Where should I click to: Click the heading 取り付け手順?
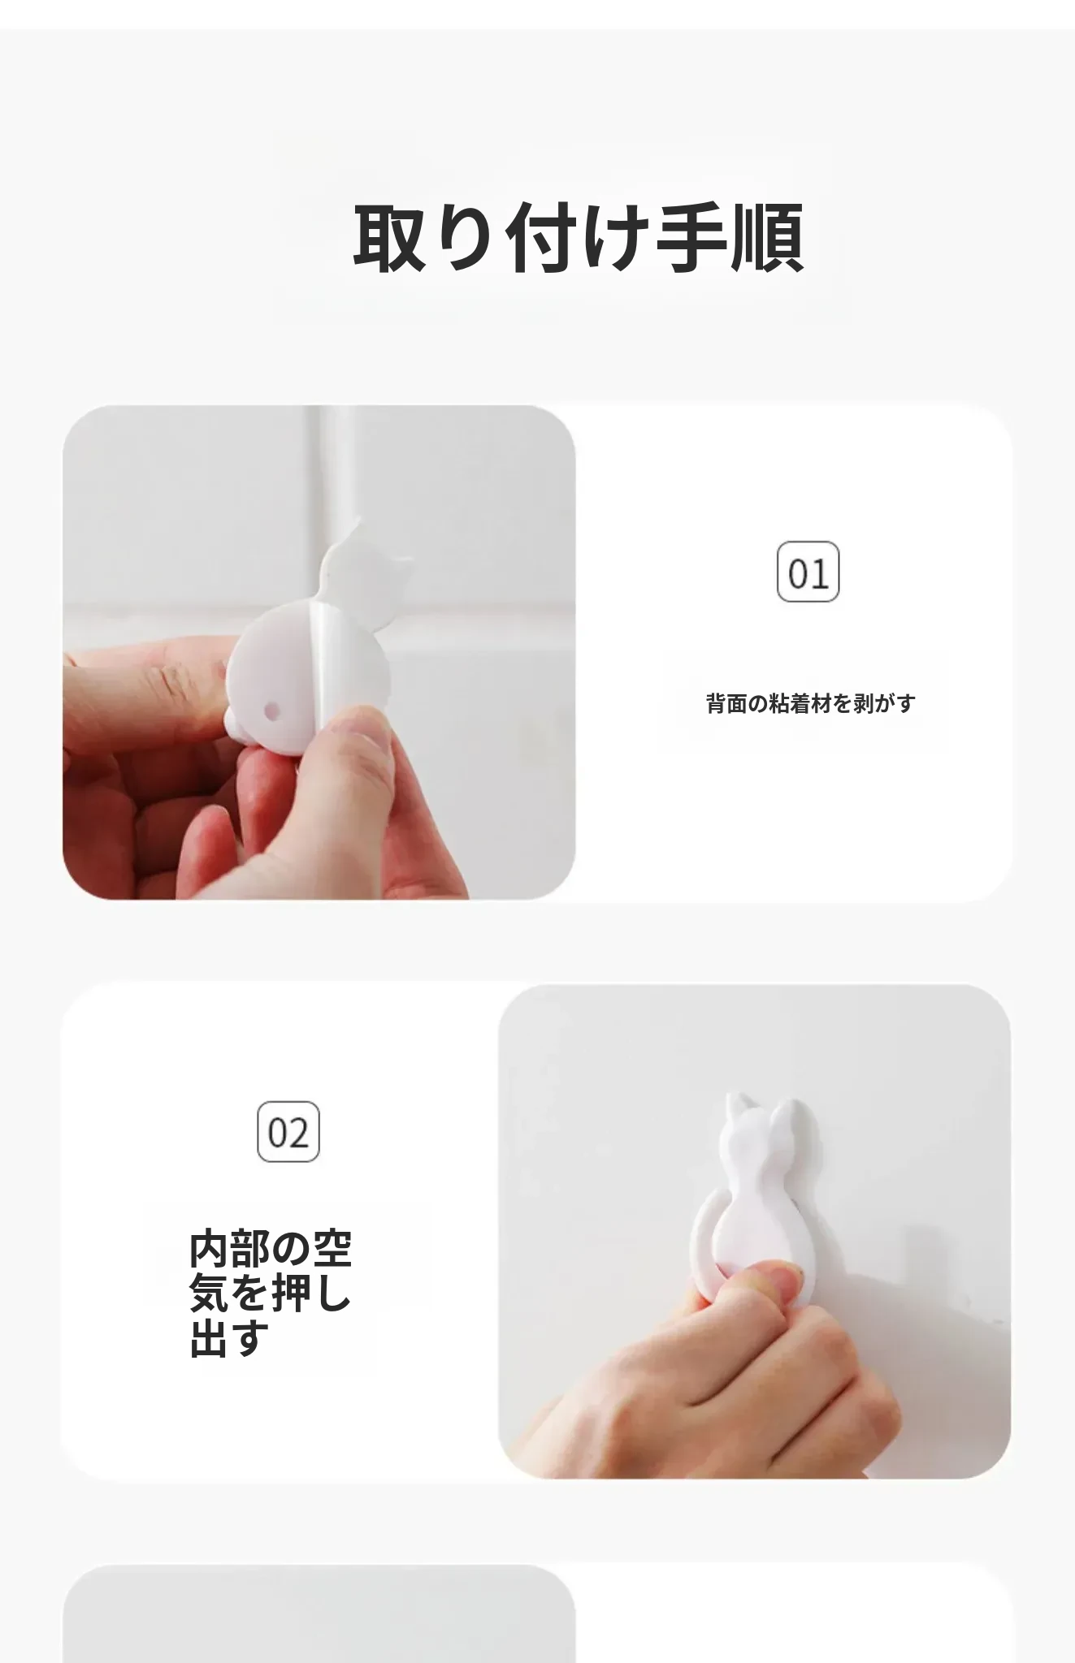[x=579, y=237]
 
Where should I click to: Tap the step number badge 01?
[x=808, y=572]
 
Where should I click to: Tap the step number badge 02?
[x=288, y=1132]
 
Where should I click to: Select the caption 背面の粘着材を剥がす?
[x=811, y=703]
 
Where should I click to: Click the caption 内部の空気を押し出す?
[x=271, y=1294]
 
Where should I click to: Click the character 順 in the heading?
[x=768, y=237]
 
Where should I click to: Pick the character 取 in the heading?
[x=389, y=237]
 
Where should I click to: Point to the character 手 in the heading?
[x=691, y=237]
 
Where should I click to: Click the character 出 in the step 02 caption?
[x=209, y=1339]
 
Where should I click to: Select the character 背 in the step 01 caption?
[x=716, y=703]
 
